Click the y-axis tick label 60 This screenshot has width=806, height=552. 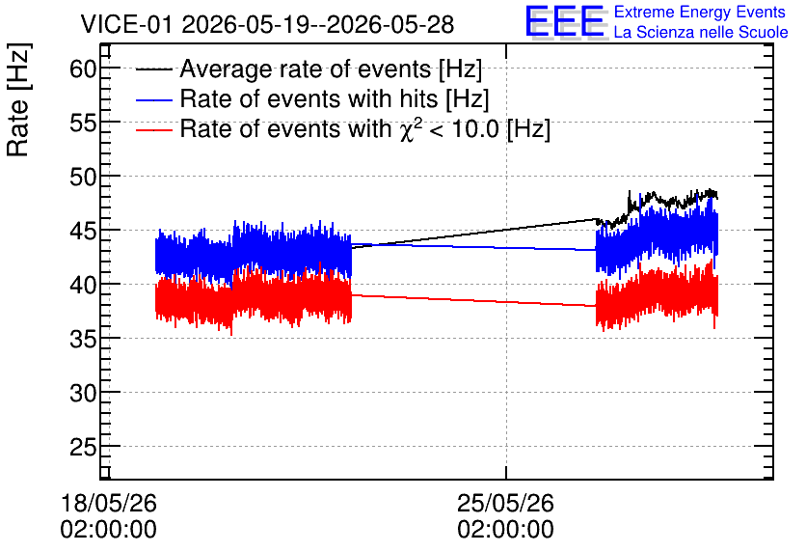83,69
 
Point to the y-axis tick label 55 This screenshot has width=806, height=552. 83,123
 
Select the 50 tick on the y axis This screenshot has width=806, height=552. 83,177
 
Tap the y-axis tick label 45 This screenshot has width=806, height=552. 83,231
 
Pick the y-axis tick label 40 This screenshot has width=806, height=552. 83,285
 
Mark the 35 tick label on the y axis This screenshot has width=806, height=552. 83,339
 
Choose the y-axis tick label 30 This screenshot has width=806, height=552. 83,393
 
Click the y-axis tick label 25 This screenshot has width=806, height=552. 83,447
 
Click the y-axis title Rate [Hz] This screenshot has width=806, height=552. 18,99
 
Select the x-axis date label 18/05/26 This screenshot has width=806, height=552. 108,503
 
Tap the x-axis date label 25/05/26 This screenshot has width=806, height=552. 506,503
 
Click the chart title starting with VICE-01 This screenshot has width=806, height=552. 267,24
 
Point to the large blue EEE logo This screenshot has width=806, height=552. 565,21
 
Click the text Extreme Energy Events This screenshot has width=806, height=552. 700,12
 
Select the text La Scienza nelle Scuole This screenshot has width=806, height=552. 701,32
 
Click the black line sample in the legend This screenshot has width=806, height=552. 153,69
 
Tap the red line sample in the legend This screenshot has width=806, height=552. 153,129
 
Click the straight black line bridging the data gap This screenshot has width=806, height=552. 473,235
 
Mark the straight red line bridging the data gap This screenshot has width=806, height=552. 473,300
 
